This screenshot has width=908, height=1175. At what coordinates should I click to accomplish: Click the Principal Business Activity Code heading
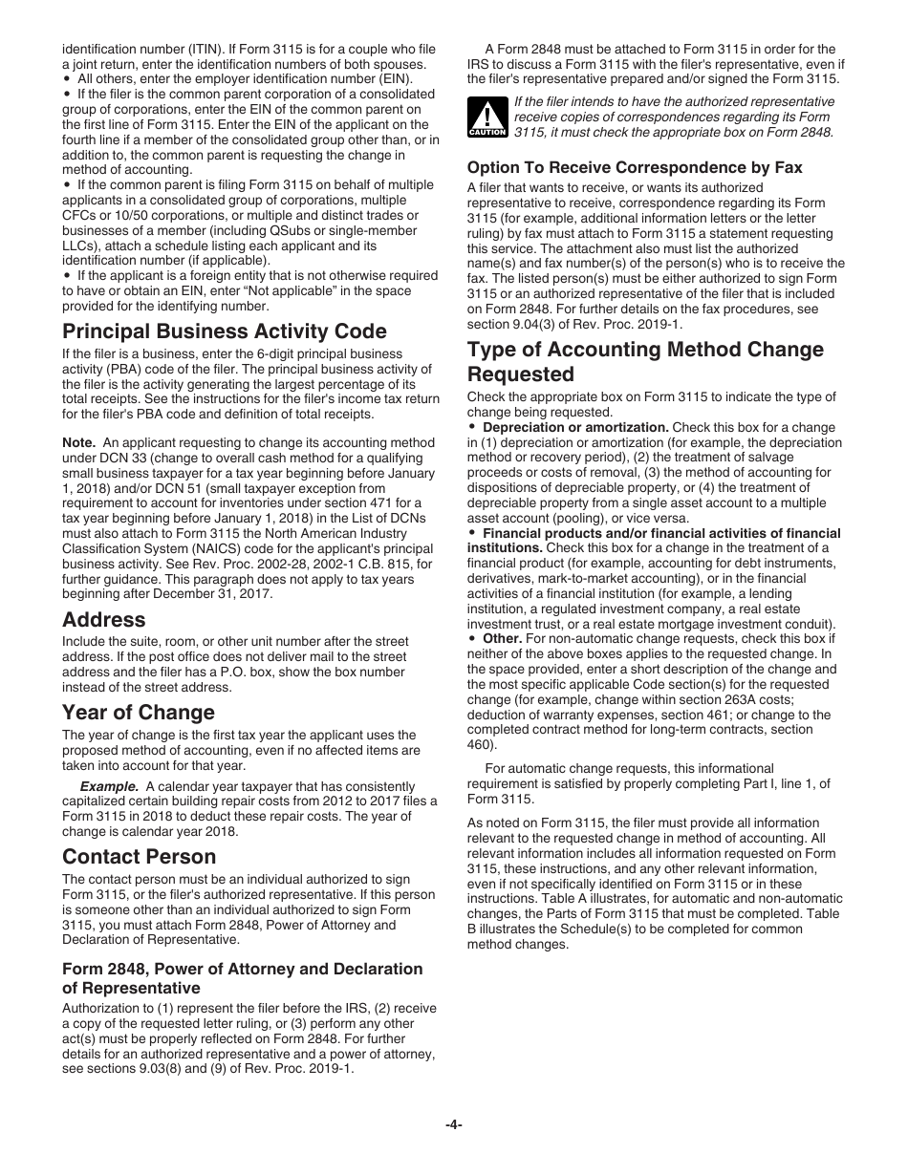[225, 331]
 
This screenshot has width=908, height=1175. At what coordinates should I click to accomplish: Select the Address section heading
[104, 619]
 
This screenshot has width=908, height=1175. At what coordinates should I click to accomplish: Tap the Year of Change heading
[139, 713]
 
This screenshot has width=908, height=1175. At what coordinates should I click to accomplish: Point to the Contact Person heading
[140, 857]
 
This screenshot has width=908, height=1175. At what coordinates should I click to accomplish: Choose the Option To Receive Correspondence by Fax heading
[635, 167]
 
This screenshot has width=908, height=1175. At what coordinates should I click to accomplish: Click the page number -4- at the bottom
[454, 1125]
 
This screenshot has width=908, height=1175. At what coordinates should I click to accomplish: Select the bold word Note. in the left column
[78, 443]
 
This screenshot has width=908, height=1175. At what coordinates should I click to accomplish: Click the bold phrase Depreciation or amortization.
[575, 428]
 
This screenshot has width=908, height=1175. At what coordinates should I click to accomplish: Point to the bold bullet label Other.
[502, 639]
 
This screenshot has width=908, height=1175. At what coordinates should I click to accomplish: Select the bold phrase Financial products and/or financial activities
[661, 533]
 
